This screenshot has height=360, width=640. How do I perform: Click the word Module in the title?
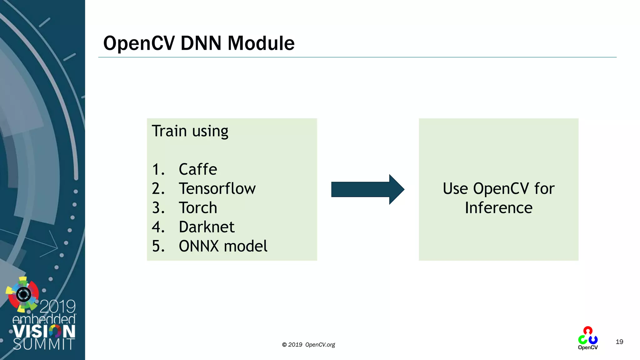click(x=261, y=43)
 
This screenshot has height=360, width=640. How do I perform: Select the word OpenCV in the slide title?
click(x=139, y=43)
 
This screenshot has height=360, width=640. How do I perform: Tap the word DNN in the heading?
click(x=201, y=43)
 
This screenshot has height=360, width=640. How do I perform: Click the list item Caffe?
click(x=198, y=169)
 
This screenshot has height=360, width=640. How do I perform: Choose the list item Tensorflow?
click(x=217, y=189)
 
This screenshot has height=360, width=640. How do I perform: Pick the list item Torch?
click(x=198, y=208)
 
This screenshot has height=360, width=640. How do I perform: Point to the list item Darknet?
click(x=207, y=227)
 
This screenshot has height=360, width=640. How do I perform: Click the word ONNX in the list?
click(x=199, y=246)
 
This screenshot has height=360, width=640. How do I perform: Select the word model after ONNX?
click(x=246, y=246)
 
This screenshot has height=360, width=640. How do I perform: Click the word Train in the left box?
click(x=169, y=131)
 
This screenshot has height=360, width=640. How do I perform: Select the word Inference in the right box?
click(x=498, y=208)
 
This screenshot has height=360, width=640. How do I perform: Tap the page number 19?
click(x=619, y=342)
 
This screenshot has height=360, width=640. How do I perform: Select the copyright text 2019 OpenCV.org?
click(x=308, y=345)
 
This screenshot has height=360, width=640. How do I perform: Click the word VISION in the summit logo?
click(x=44, y=331)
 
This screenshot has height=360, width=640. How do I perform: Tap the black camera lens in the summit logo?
click(x=23, y=294)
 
